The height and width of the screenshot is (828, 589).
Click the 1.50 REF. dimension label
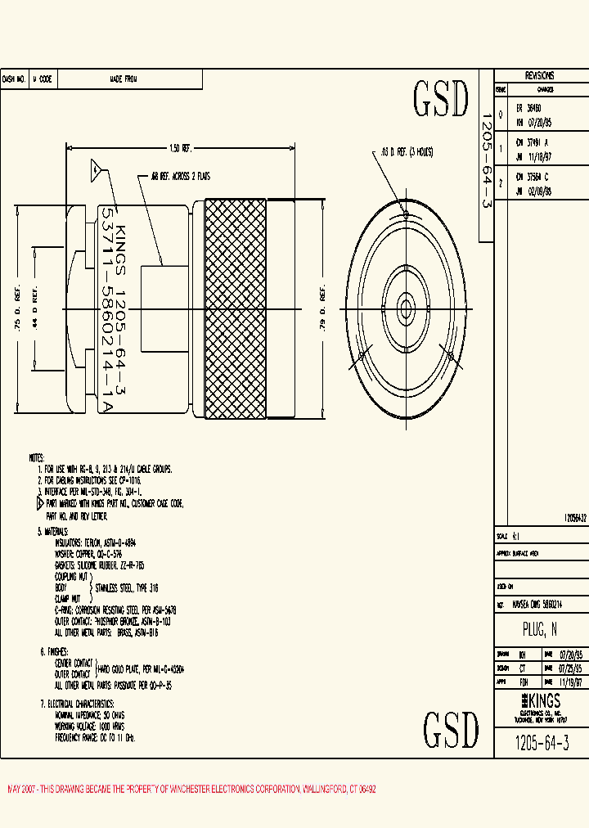click(180, 148)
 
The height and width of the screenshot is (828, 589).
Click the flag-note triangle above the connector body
click(96, 170)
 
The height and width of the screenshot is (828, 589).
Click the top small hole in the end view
click(405, 215)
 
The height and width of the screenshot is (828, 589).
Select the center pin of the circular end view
click(404, 308)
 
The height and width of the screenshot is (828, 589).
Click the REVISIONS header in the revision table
click(539, 74)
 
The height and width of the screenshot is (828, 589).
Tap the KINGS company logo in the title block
click(540, 701)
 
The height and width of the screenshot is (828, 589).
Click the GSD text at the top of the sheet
click(441, 100)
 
